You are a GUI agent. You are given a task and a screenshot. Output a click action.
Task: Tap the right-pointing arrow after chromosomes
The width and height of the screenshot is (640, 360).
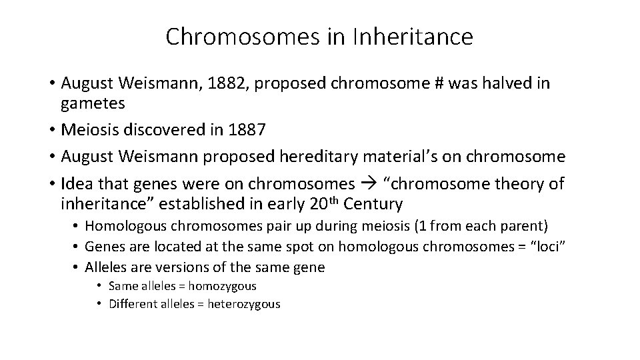pyautogui.click(x=367, y=183)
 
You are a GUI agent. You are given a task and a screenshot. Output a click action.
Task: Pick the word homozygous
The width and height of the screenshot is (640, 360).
pyautogui.click(x=223, y=286)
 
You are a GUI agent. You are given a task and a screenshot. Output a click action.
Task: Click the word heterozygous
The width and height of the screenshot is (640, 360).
pyautogui.click(x=244, y=304)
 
